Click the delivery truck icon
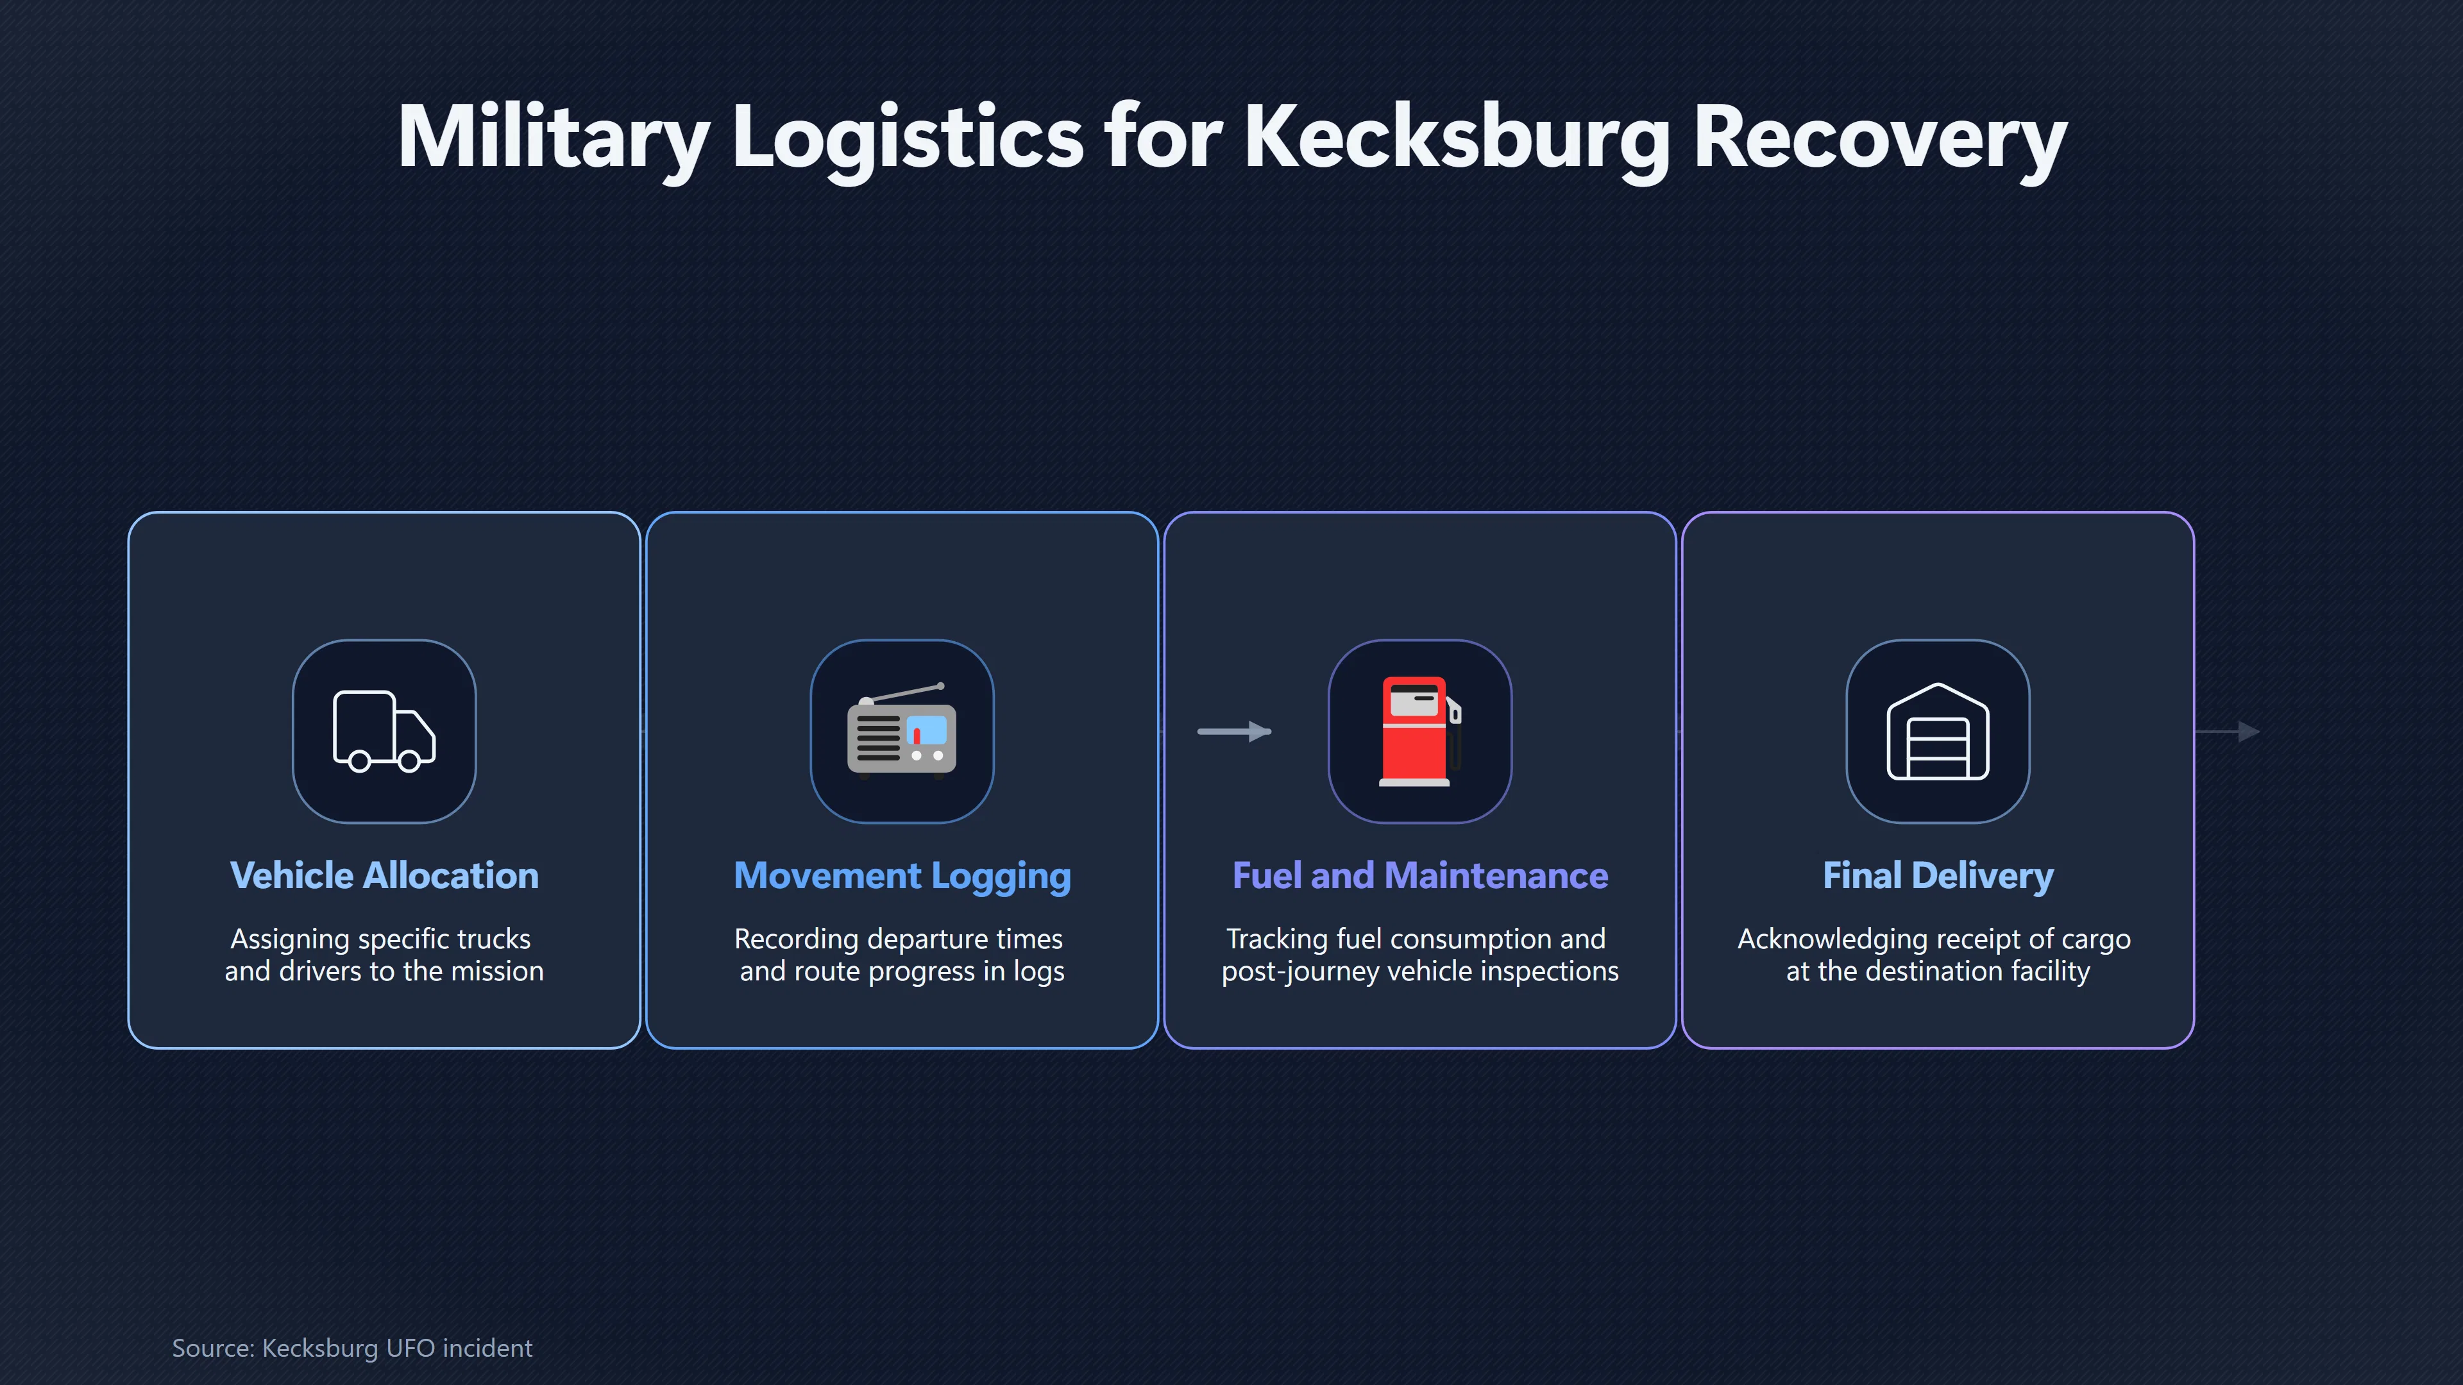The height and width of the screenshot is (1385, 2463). click(384, 731)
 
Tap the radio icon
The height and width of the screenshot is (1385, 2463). click(902, 731)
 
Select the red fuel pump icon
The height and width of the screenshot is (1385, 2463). click(1420, 731)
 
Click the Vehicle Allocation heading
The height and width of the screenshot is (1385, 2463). click(384, 875)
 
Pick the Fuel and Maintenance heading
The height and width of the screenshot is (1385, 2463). click(1420, 875)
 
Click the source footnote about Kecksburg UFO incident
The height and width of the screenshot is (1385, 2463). click(352, 1348)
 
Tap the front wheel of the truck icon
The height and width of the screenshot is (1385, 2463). click(409, 761)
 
